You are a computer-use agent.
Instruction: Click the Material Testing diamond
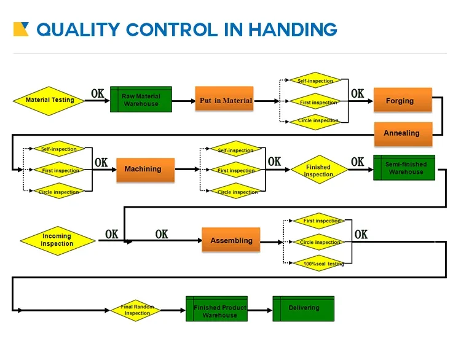(49, 100)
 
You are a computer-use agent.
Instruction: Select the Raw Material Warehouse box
(141, 100)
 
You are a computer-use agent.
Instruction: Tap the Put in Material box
(225, 100)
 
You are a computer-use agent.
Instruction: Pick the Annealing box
(403, 133)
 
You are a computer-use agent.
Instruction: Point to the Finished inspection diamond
(318, 170)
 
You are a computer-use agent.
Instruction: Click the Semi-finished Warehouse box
(404, 168)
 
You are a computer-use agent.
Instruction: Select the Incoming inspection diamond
(57, 240)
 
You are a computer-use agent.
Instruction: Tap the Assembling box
(231, 240)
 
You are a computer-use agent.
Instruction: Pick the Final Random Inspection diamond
(136, 310)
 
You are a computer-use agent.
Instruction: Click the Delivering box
(304, 308)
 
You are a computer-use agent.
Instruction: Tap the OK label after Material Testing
(97, 93)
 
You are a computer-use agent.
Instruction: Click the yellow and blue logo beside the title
(21, 29)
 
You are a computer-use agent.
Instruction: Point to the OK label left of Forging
(357, 93)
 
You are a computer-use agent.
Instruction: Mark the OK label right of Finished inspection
(357, 162)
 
